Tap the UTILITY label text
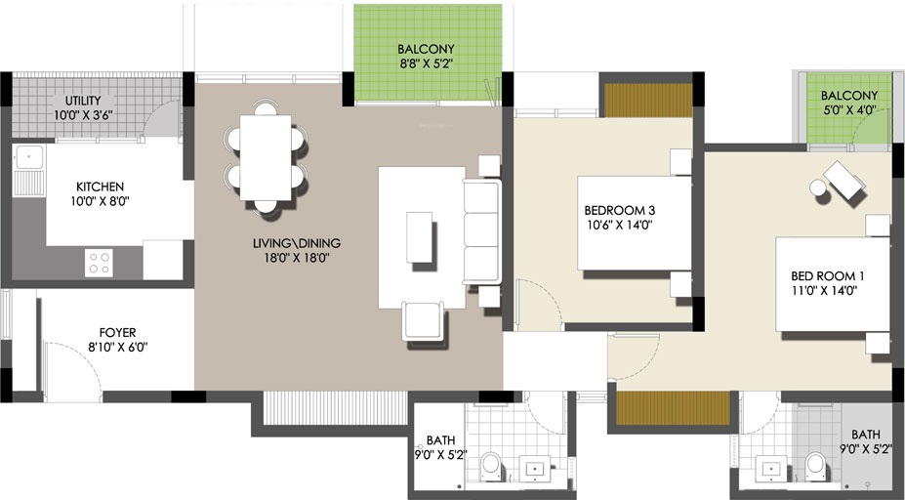point(90,101)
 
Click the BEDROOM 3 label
point(618,210)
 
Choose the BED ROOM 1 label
point(827,276)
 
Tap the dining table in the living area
point(266,157)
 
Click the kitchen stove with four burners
point(99,263)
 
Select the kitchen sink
point(27,156)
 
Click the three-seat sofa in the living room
point(481,231)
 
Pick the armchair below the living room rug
point(423,320)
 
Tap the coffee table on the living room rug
point(419,236)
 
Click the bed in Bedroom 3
point(630,223)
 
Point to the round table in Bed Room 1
point(818,188)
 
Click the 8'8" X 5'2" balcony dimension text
point(426,65)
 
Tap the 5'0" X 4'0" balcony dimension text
point(848,110)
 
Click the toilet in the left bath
point(491,465)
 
